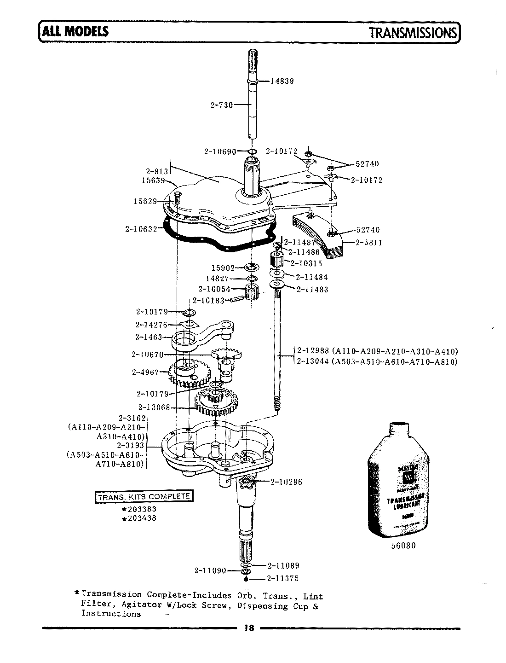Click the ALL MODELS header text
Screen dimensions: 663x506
75,31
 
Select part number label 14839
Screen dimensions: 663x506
282,81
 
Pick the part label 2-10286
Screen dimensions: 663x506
286,482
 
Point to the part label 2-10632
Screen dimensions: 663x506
141,228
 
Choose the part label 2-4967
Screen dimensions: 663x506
145,372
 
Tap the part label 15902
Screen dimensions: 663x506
223,268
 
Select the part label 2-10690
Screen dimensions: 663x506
219,151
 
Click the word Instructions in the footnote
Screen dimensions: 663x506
111,614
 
